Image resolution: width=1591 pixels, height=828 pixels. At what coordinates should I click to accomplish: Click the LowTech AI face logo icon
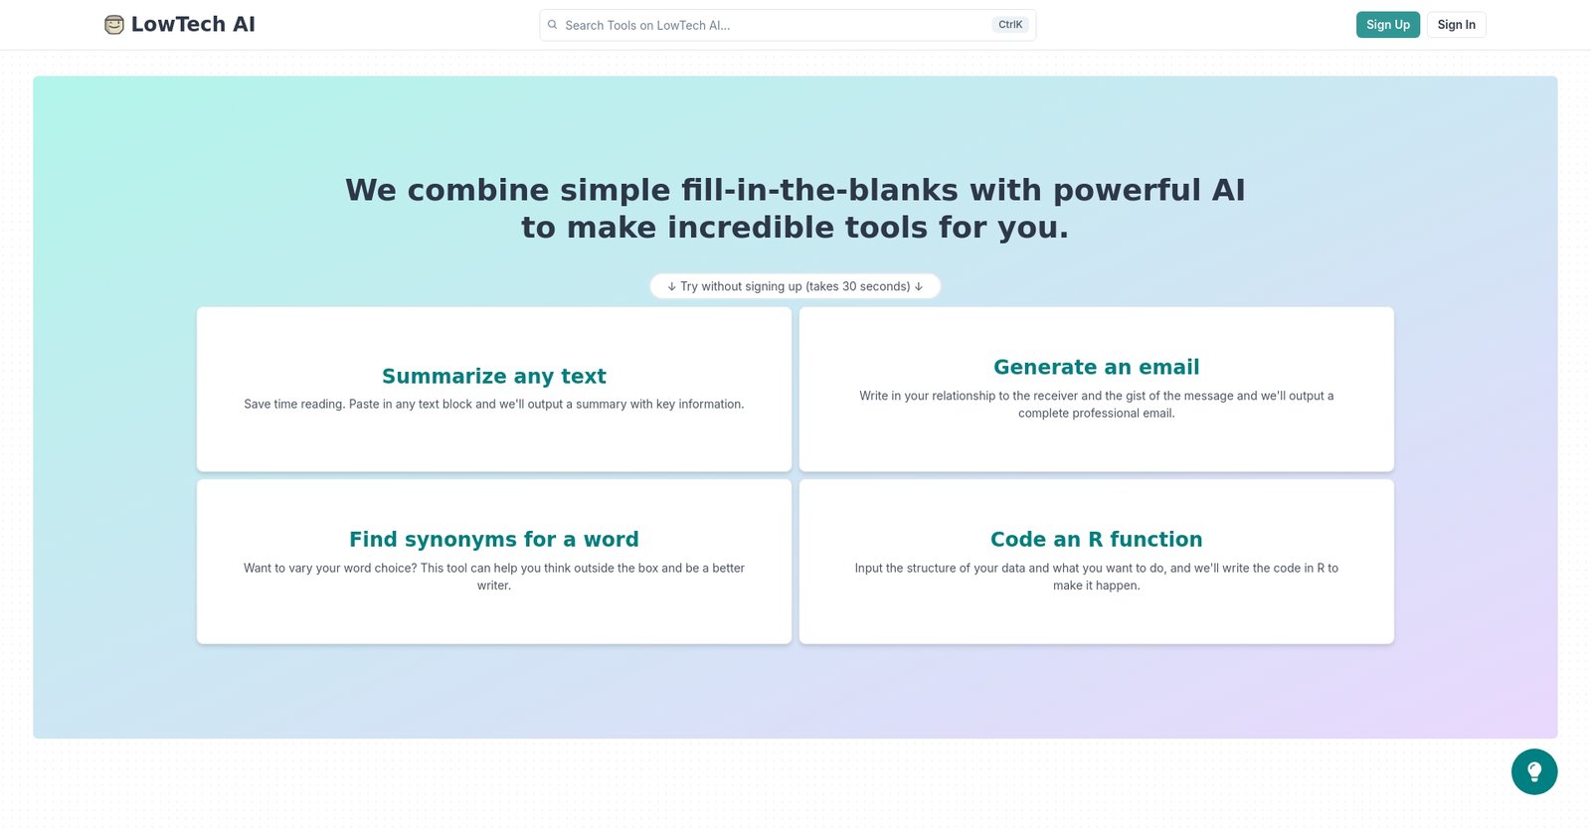(113, 25)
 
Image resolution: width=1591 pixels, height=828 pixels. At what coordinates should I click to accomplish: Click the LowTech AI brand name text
(193, 24)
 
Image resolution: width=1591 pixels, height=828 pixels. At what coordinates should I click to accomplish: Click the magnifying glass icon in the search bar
(552, 25)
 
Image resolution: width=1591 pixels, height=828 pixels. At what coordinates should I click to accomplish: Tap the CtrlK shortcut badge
(1010, 25)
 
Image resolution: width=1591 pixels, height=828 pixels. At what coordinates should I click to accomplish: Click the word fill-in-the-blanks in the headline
(819, 190)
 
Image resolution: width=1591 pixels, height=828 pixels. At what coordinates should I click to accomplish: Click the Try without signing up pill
(795, 286)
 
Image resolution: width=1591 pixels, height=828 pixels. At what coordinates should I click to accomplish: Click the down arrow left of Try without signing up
(671, 286)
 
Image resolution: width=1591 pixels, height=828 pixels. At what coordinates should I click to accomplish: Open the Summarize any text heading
(493, 377)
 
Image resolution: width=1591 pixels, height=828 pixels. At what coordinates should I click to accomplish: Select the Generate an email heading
(1096, 367)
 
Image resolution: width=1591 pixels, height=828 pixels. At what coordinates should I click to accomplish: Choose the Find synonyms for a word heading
(493, 540)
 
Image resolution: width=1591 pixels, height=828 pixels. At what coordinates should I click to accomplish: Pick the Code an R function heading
(1096, 540)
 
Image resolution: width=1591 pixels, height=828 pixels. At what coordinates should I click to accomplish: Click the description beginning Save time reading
(493, 404)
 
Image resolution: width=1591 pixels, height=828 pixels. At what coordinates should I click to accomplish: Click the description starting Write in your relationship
(1096, 404)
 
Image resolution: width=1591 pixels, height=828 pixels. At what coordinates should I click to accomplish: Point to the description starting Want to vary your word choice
(493, 577)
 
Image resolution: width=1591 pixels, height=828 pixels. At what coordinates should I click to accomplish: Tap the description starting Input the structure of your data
(1096, 577)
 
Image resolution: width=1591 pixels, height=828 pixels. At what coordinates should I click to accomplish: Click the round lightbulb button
(1534, 772)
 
